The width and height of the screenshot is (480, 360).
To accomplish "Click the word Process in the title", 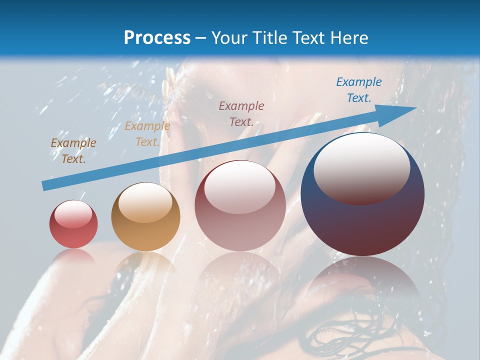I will coord(157,38).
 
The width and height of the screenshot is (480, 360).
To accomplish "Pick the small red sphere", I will coord(73,224).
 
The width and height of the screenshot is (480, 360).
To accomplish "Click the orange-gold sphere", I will coord(145,217).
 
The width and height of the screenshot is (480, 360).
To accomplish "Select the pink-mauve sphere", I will coord(240,206).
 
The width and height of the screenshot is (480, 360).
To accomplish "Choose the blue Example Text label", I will coord(358,90).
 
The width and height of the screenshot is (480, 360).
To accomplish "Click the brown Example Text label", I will coord(73,151).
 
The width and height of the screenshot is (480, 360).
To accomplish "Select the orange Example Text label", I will coord(147,134).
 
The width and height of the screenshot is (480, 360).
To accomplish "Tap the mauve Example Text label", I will coord(241,113).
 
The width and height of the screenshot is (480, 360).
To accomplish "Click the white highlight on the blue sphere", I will coord(361,167).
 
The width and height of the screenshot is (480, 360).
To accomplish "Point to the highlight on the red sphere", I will coord(73,214).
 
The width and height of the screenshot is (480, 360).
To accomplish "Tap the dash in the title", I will coord(201,38).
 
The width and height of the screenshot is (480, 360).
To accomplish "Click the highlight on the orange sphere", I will coord(145,201).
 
